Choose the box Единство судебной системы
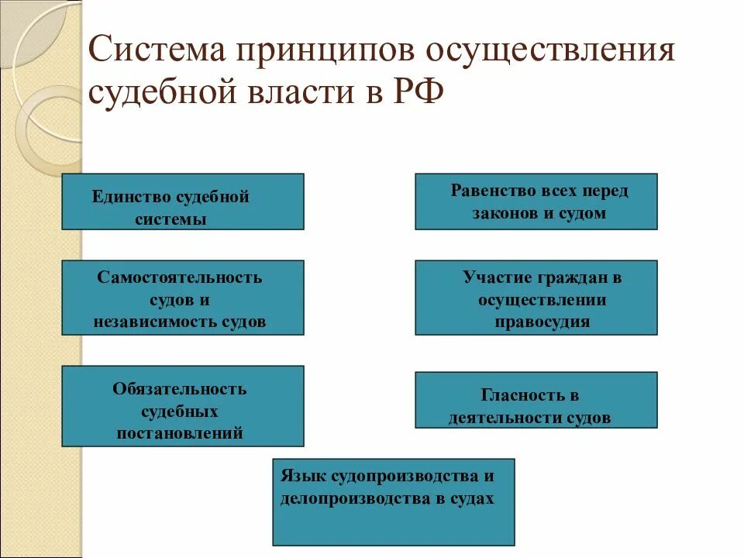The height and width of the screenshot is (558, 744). click(183, 201)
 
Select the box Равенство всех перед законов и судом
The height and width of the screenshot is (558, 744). click(536, 201)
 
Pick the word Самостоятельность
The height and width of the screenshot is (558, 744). click(180, 277)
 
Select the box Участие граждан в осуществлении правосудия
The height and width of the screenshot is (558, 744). click(536, 298)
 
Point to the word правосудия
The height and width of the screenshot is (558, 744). click(542, 322)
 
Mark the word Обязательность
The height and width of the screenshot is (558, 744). click(180, 388)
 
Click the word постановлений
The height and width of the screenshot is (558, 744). click(180, 433)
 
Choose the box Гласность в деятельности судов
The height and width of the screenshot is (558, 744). click(536, 400)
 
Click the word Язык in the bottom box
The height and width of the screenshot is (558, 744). click(298, 476)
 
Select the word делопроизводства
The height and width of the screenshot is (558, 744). click(346, 499)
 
